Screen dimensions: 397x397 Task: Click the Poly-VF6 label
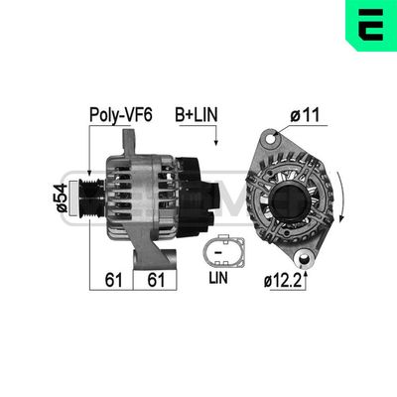click(122, 116)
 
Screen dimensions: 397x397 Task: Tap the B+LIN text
click(198, 116)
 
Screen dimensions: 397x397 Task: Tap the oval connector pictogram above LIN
click(219, 251)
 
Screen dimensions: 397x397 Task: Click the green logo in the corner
click(372, 24)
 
